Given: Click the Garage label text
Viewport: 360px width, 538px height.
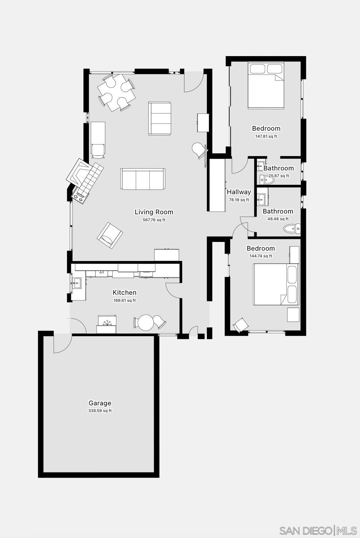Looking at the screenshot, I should pyautogui.click(x=100, y=403).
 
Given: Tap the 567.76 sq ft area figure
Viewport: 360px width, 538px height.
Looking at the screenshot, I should pyautogui.click(x=154, y=220).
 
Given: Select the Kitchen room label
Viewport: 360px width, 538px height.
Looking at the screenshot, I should pyautogui.click(x=124, y=292).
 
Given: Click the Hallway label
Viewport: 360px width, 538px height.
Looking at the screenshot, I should pyautogui.click(x=239, y=192).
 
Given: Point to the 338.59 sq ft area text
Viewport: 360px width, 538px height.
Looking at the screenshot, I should pyautogui.click(x=100, y=411).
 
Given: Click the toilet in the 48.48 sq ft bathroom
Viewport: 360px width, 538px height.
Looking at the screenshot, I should pyautogui.click(x=291, y=229).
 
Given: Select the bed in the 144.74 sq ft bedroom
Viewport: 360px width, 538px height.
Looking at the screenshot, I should pyautogui.click(x=276, y=284).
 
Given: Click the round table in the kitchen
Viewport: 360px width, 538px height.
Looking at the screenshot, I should pyautogui.click(x=146, y=323).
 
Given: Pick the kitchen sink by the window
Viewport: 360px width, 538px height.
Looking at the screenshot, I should pyautogui.click(x=77, y=283).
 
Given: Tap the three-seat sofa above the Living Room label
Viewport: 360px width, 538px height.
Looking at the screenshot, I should pyautogui.click(x=143, y=179).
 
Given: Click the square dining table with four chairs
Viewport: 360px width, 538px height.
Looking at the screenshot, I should pyautogui.click(x=116, y=92).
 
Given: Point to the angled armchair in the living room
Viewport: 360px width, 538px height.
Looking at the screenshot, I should pyautogui.click(x=110, y=235).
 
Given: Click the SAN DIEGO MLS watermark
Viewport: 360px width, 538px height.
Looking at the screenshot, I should pyautogui.click(x=318, y=530).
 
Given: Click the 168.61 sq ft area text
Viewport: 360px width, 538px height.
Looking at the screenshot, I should pyautogui.click(x=124, y=300).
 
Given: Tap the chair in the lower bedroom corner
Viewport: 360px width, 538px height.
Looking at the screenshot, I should pyautogui.click(x=241, y=325).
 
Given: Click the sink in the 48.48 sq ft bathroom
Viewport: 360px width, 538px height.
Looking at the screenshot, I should pyautogui.click(x=261, y=199).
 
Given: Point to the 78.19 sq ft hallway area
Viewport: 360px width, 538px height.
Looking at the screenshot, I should pyautogui.click(x=239, y=200).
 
